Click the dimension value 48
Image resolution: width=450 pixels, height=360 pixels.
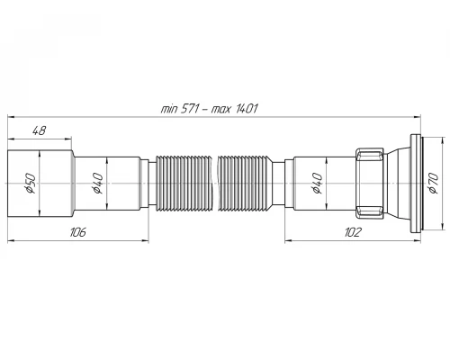pyautogui.click(x=39, y=130)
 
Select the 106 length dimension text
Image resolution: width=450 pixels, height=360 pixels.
pyautogui.click(x=77, y=232)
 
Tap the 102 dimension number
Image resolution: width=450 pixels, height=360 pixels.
pyautogui.click(x=353, y=232)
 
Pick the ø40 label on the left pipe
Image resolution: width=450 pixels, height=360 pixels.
pyautogui.click(x=98, y=184)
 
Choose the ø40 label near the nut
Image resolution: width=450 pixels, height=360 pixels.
pyautogui.click(x=317, y=184)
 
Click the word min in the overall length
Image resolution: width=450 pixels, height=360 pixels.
pyautogui.click(x=169, y=108)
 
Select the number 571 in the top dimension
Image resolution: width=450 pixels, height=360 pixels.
pyautogui.click(x=190, y=108)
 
